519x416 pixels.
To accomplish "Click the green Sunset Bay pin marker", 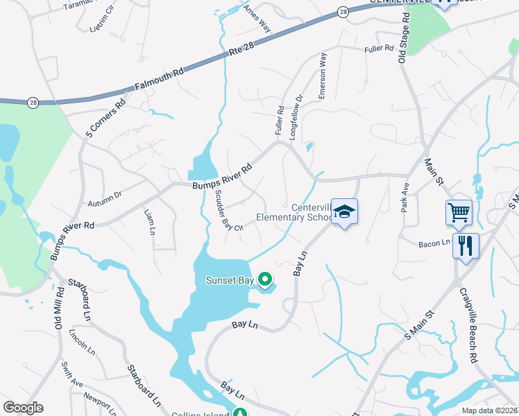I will pyautogui.click(x=264, y=279).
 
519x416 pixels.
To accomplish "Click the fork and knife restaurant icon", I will pyautogui.click(x=465, y=245).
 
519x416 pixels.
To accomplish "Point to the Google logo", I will pyautogui.click(x=23, y=408).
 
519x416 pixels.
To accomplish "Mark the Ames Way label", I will pyautogui.click(x=256, y=19).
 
